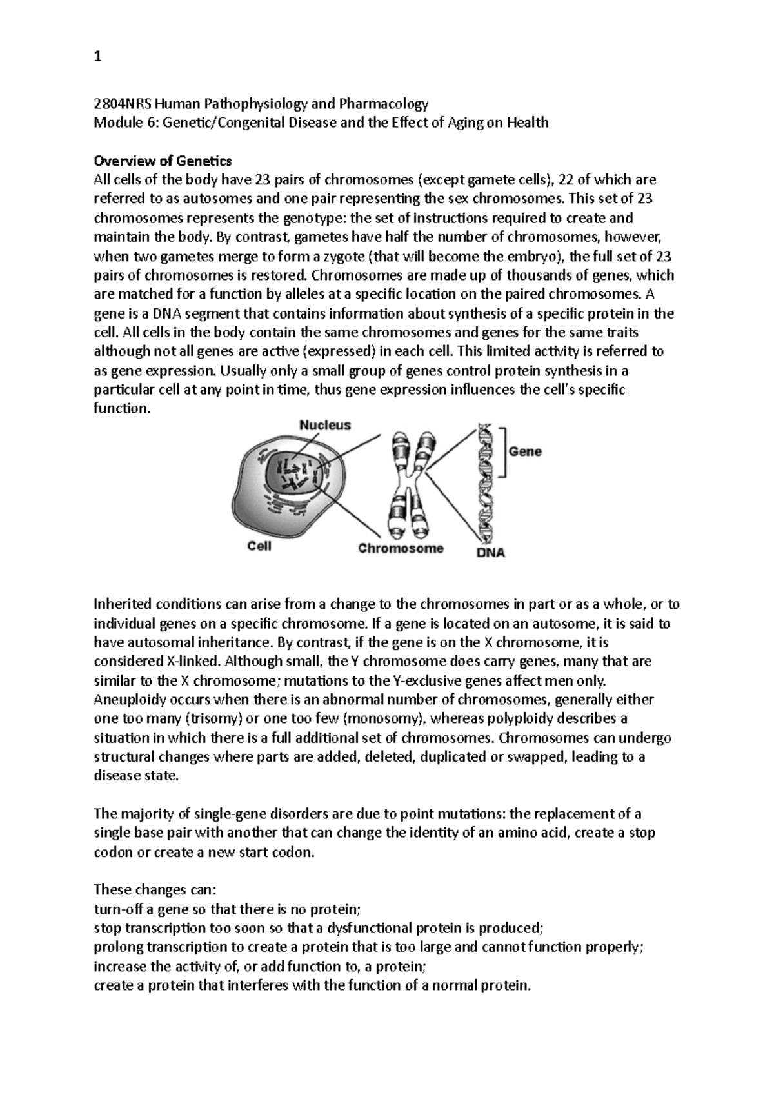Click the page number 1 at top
pos(97,57)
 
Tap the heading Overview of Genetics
pos(163,161)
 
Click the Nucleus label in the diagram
pos(325,425)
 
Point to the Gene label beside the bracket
pos(525,452)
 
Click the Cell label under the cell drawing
pos(259,546)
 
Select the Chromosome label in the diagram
pos(401,548)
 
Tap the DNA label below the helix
pos(490,552)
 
